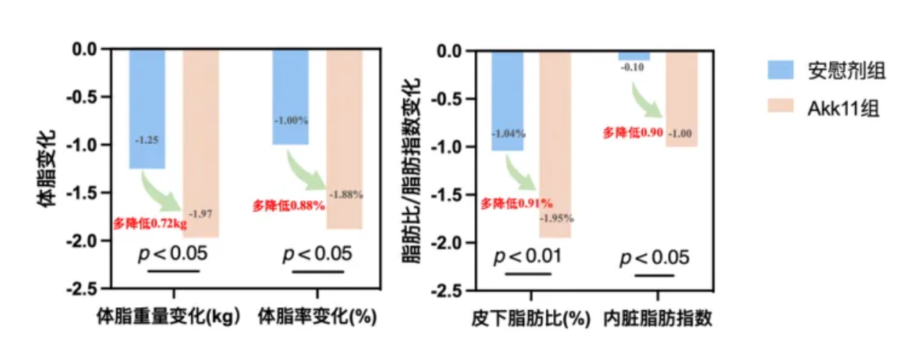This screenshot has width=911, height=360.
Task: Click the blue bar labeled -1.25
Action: tap(147, 108)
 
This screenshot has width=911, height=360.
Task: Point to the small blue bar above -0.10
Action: tap(633, 55)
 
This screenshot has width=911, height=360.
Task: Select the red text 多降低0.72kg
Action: tap(149, 223)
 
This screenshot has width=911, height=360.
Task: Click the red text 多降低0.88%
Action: tap(287, 206)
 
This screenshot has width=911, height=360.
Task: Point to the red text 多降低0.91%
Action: tap(516, 203)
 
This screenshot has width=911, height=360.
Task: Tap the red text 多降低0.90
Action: tap(633, 133)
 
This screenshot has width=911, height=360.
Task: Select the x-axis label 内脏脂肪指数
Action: tap(658, 318)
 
